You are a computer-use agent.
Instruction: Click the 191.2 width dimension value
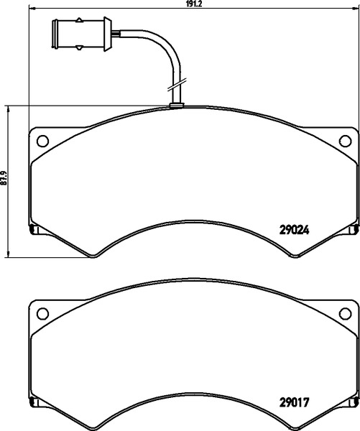(194, 4)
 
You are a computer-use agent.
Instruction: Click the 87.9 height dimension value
(4, 178)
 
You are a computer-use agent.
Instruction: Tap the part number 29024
(294, 230)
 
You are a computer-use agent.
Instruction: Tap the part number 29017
(294, 403)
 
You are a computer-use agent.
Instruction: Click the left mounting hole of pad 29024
(42, 141)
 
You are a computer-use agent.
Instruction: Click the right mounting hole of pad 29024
(345, 141)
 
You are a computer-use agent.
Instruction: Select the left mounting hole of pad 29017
(42, 314)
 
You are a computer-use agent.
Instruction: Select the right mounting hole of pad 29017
(345, 314)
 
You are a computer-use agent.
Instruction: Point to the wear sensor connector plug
(82, 34)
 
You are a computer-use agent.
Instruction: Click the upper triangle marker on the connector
(79, 20)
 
